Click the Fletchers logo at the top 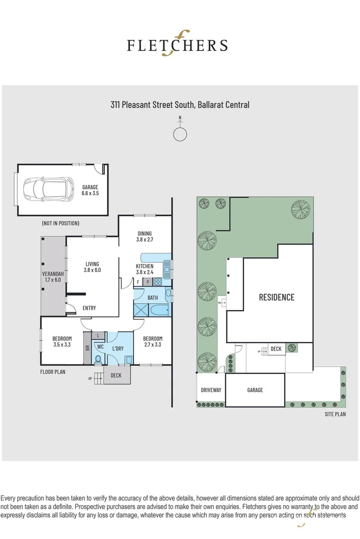point(177,45)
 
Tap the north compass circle point(179,134)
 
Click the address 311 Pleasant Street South point(180,105)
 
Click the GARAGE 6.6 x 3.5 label point(90,190)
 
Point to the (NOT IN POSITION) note point(61,223)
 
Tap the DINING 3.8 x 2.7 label point(144,236)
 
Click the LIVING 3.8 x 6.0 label point(92,267)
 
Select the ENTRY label point(89,308)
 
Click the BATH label point(153,298)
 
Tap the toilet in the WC point(98,359)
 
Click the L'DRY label point(118,349)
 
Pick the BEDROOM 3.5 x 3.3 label point(62,341)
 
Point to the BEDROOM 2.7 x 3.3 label point(152,341)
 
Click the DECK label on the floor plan point(116,375)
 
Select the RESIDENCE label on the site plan point(277,297)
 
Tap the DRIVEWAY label point(210,390)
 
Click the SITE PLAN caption point(335,414)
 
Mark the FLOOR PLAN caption point(53,372)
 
